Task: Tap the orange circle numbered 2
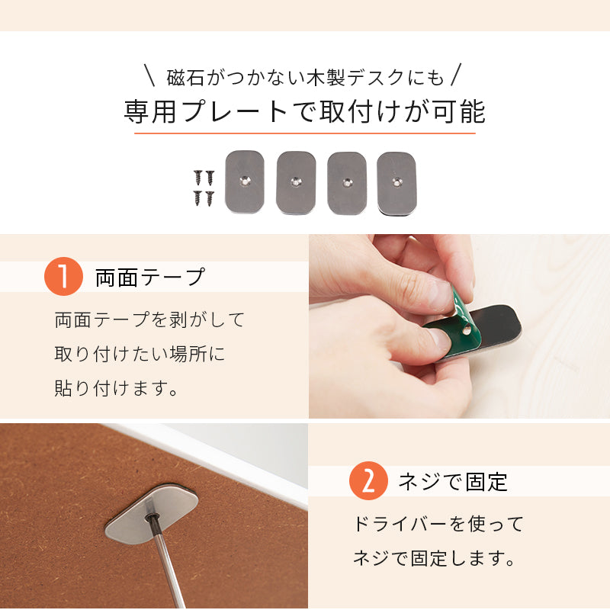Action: [368, 481]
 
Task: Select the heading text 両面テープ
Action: [150, 277]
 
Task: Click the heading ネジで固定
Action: [453, 482]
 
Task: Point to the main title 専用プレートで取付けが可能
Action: [304, 111]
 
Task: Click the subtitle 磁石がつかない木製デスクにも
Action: [304, 77]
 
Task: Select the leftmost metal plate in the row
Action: [245, 183]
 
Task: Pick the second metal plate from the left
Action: [296, 183]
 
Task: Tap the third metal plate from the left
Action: [347, 183]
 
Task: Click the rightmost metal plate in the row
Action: [396, 183]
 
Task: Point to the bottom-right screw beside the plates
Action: [209, 198]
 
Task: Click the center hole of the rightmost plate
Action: [396, 182]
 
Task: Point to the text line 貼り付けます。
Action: [117, 388]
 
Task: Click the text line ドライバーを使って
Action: [438, 524]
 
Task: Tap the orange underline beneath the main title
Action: [305, 134]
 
